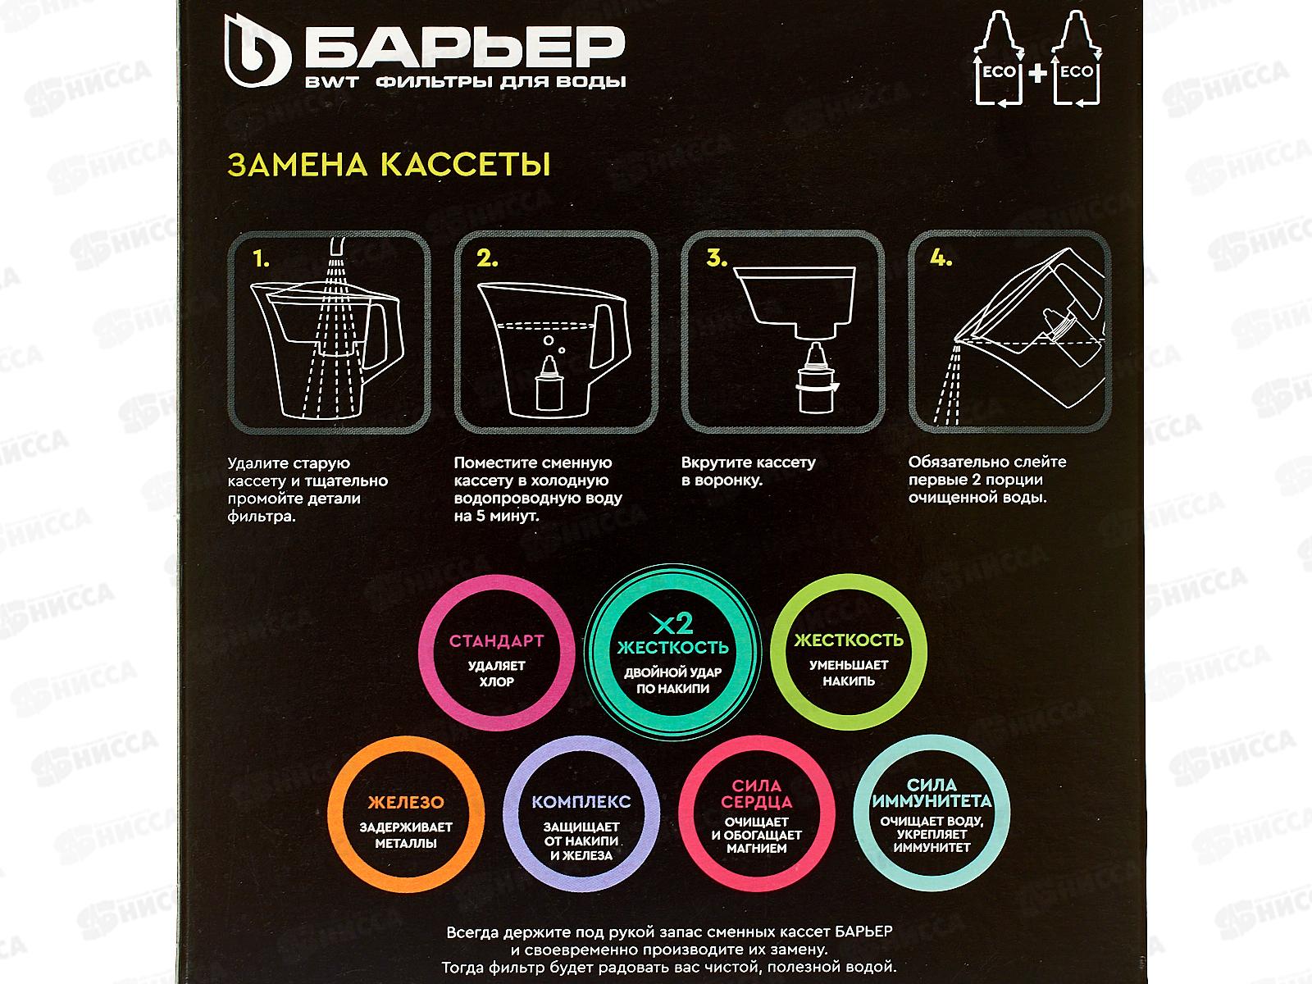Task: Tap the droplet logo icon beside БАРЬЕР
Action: pyautogui.click(x=258, y=57)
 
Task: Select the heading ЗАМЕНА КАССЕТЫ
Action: pyautogui.click(x=388, y=165)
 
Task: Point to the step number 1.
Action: pyautogui.click(x=262, y=261)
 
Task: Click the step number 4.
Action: pyautogui.click(x=941, y=259)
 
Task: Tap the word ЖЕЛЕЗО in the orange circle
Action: pyautogui.click(x=405, y=803)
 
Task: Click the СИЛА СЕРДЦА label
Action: pyautogui.click(x=757, y=794)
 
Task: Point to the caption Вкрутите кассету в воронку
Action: pyautogui.click(x=748, y=471)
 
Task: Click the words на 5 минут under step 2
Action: pyautogui.click(x=497, y=517)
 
